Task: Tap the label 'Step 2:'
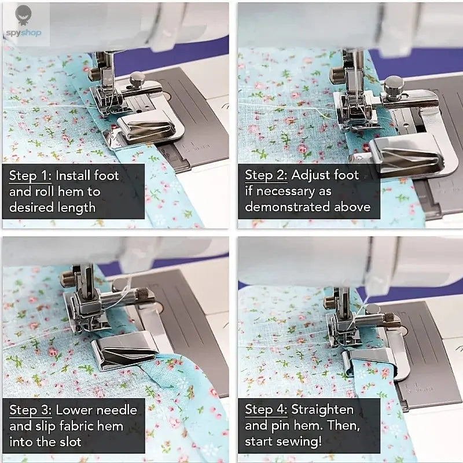(x=267, y=175)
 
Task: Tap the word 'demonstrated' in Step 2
(x=288, y=207)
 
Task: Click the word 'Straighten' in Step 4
(x=322, y=410)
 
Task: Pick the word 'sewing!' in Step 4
(x=299, y=442)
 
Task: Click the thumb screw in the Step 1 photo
(x=137, y=79)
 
